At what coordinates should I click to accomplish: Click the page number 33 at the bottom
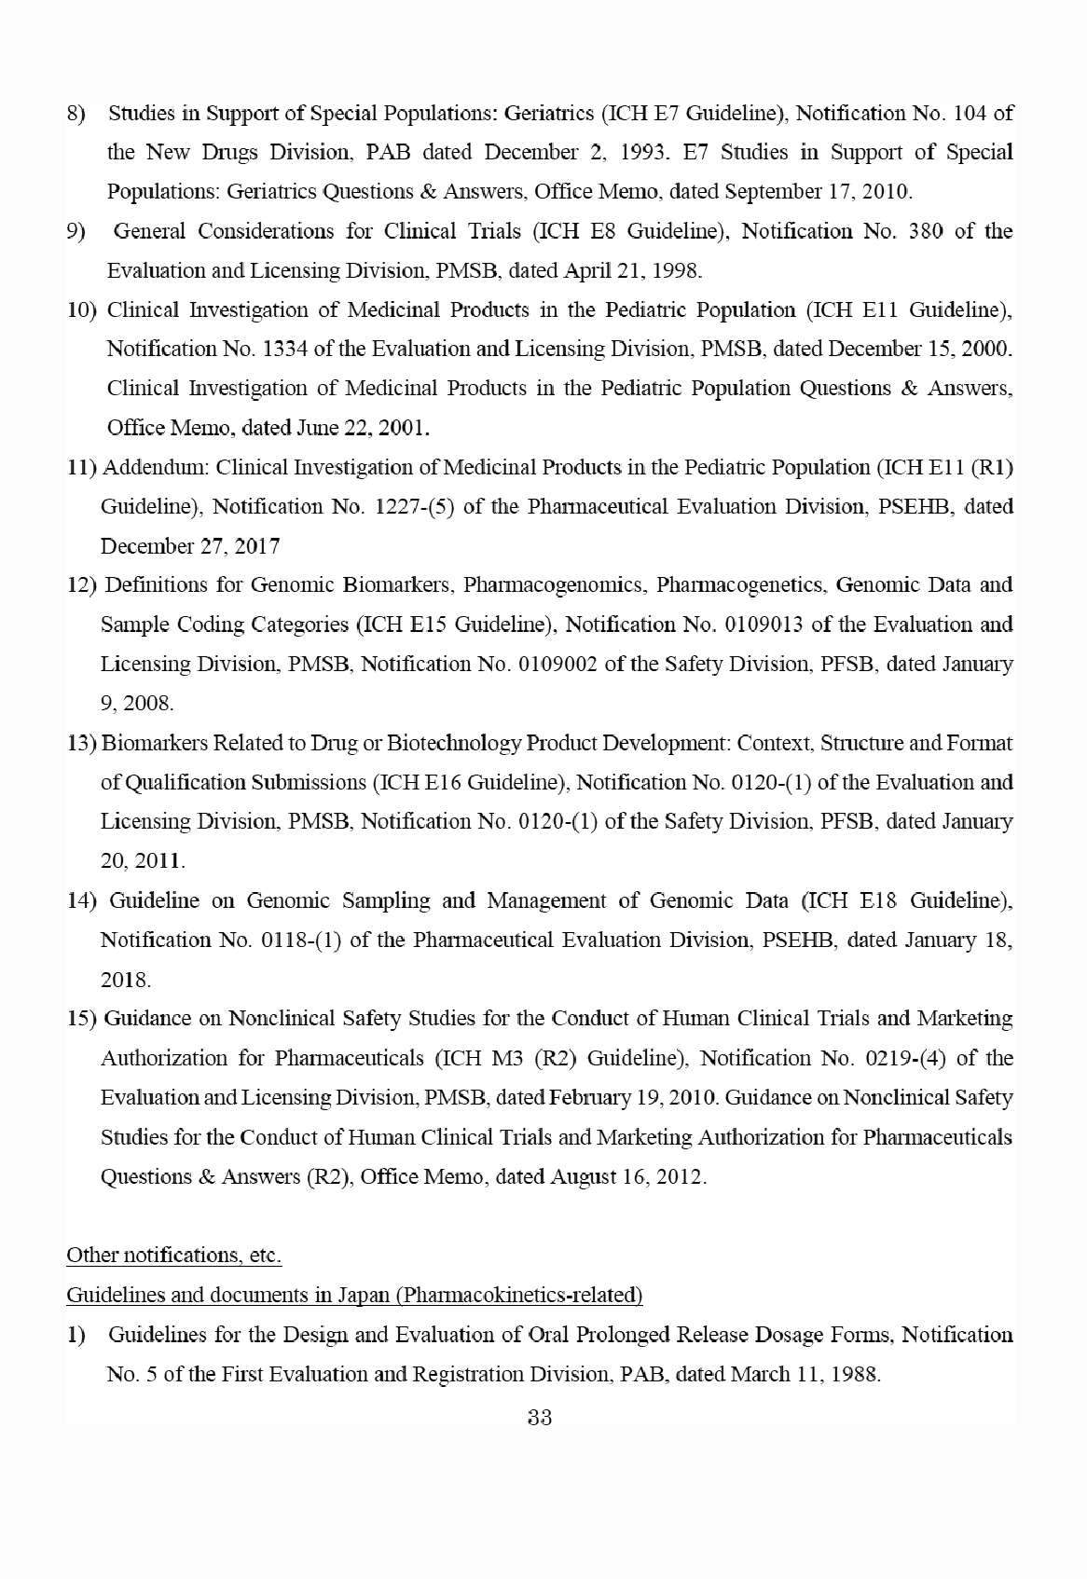pyautogui.click(x=540, y=1419)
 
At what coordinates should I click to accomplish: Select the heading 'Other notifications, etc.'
pyautogui.click(x=173, y=1256)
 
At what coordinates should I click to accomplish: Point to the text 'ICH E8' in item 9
pyautogui.click(x=663, y=231)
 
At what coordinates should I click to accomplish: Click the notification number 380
pyautogui.click(x=926, y=231)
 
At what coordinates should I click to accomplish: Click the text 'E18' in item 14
pyautogui.click(x=878, y=901)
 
